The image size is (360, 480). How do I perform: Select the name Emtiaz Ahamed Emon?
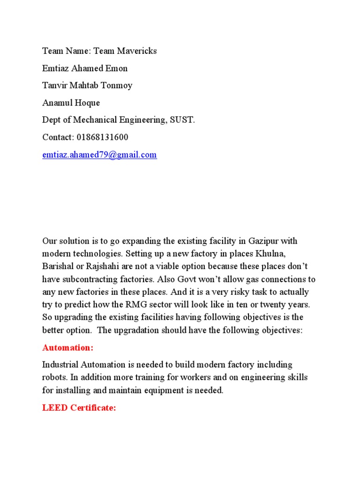point(85,68)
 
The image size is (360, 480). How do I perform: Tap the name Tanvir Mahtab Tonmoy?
point(87,85)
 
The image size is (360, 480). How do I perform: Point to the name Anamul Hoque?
point(71,103)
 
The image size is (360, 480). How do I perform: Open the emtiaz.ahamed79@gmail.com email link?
point(99,155)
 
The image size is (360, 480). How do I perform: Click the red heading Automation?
point(68,347)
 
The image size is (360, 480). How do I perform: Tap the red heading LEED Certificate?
point(79,407)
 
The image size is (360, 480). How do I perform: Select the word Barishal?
point(57,267)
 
